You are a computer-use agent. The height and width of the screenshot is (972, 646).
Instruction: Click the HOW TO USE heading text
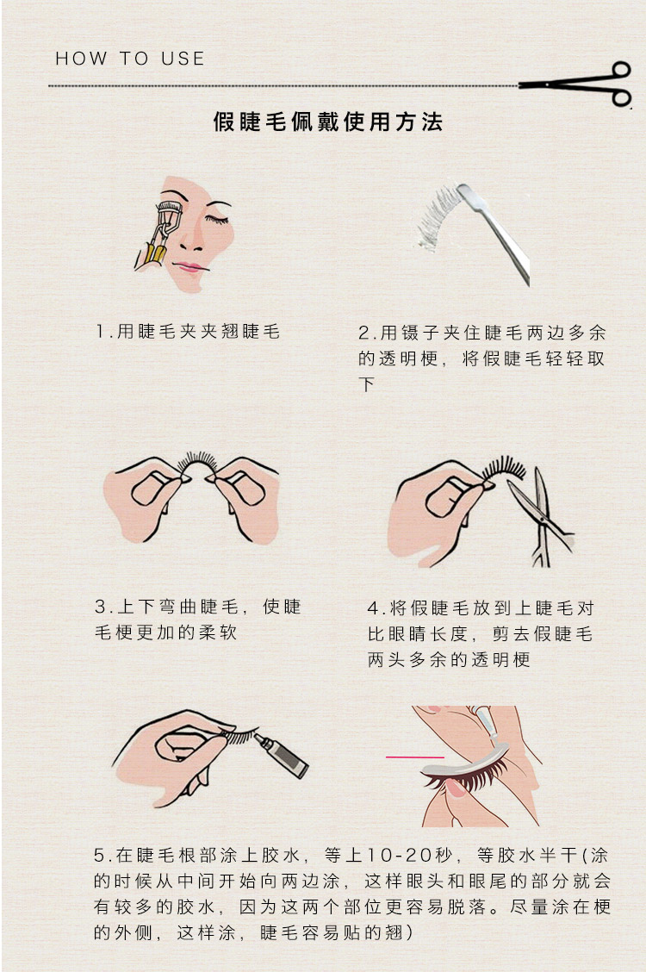(129, 59)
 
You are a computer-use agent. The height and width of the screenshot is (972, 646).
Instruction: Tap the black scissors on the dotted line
(576, 84)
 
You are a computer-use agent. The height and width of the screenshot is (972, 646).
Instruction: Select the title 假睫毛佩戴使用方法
(327, 121)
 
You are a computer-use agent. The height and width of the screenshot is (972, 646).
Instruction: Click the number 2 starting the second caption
(363, 333)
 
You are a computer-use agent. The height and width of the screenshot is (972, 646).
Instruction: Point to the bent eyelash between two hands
(197, 464)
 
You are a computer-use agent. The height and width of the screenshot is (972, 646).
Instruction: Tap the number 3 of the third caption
(100, 607)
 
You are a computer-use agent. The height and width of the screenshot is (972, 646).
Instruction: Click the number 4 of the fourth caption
(373, 608)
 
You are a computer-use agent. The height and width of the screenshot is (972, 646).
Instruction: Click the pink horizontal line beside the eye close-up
(415, 757)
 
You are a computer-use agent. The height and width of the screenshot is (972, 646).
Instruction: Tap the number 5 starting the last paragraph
(99, 856)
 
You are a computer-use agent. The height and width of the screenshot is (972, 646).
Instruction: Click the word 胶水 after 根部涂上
(281, 856)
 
